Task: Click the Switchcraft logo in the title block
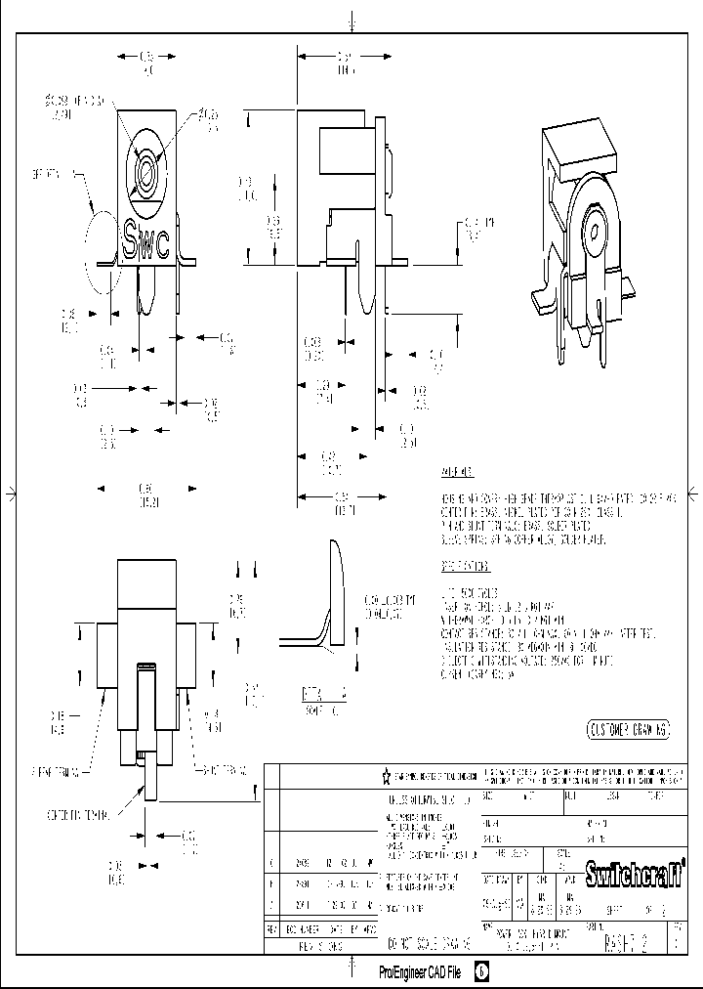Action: coord(633,869)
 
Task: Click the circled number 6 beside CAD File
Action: coord(482,972)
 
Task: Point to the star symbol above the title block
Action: coord(386,776)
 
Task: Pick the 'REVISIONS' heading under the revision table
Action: coord(321,946)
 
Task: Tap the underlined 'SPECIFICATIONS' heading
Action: coord(465,567)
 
